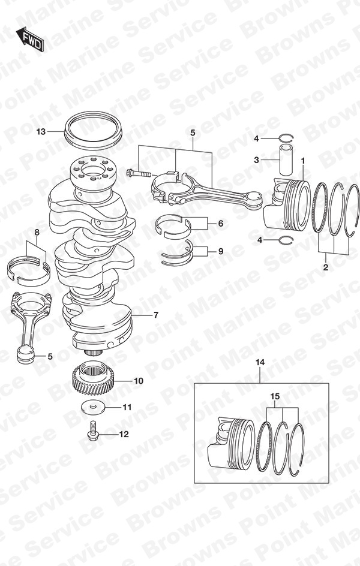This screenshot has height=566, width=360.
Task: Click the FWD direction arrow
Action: click(30, 38)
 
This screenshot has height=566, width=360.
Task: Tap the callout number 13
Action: click(41, 132)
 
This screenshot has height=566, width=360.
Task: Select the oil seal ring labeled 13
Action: click(93, 130)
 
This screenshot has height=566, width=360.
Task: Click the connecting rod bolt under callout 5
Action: click(139, 174)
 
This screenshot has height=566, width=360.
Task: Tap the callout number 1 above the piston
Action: click(303, 160)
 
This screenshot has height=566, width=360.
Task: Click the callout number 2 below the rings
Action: click(326, 267)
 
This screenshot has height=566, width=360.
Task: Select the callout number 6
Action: click(221, 224)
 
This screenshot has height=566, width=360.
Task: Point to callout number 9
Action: click(221, 251)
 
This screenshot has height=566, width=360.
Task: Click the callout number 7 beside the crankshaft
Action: click(155, 315)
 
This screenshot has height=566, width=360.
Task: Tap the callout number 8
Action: click(37, 234)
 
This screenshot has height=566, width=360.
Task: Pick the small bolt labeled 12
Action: click(92, 431)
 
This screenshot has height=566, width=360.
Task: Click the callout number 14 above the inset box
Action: click(260, 362)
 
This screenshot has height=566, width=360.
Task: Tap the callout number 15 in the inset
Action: click(275, 397)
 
